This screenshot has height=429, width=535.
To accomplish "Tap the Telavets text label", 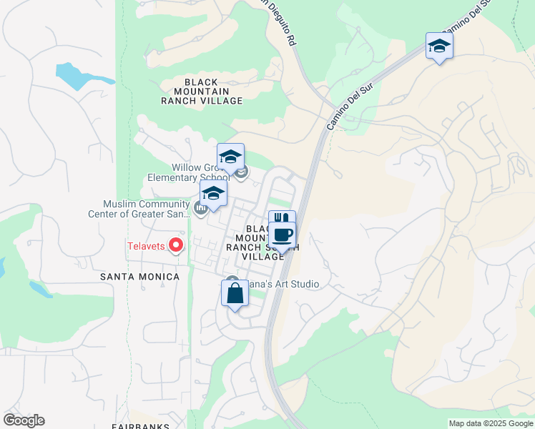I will pos(147,247).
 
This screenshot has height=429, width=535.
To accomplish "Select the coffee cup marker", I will pos(282,236).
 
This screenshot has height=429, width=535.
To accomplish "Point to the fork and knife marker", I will pos(282,219).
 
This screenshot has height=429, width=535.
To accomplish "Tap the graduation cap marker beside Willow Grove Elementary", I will pos(231,157).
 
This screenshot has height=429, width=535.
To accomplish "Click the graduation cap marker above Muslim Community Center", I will pos(213,193).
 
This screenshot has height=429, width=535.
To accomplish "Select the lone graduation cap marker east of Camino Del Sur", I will pos(439,46).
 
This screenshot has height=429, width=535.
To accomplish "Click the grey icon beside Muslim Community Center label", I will pos(201,209).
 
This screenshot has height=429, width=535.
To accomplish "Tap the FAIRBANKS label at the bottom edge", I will pos(140,426).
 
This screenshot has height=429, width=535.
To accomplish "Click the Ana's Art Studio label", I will pos(283,285).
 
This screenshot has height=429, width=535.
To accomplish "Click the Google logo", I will pos(24,420).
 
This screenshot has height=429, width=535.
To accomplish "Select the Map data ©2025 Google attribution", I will pos(490,423).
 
